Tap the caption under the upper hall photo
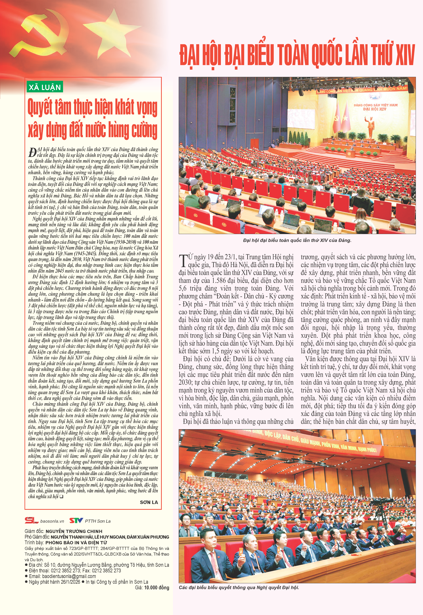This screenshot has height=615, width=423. [297, 240]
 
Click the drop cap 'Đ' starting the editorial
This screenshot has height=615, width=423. [32, 152]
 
